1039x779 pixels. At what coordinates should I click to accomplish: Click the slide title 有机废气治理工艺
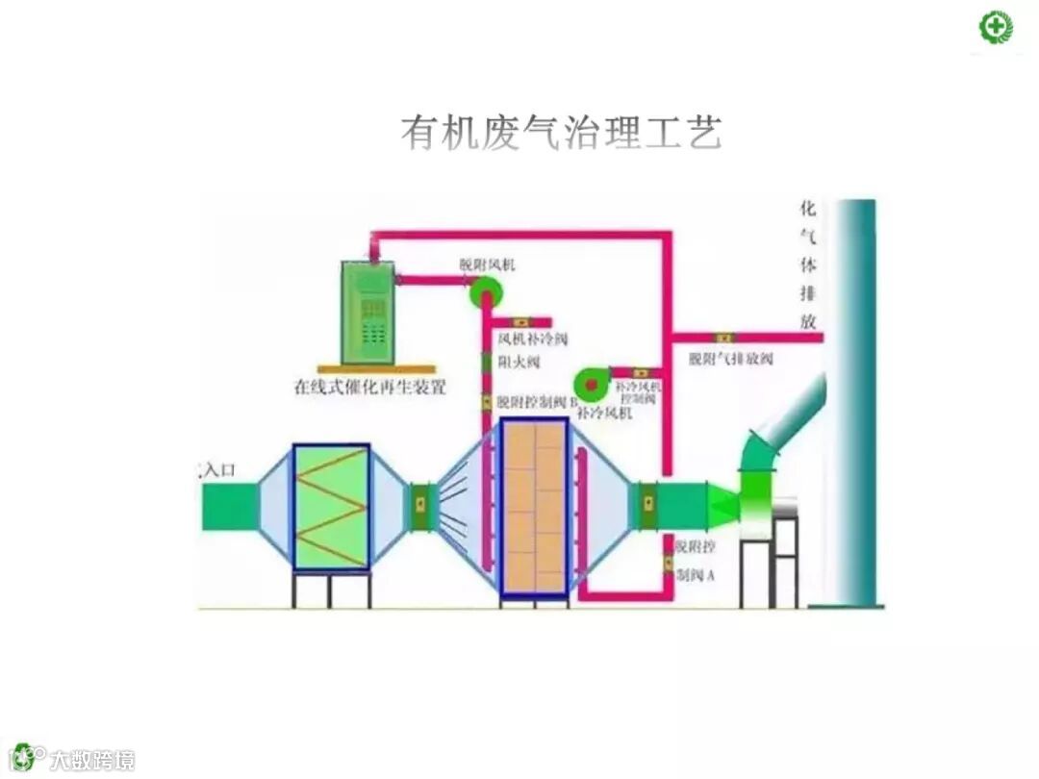[x=561, y=133]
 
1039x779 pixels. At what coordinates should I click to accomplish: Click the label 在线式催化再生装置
[x=369, y=389]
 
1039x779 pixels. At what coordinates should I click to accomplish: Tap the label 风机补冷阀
[x=532, y=339]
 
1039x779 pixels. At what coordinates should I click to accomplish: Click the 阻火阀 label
[x=519, y=363]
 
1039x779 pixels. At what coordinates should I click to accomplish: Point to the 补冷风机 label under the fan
[x=606, y=413]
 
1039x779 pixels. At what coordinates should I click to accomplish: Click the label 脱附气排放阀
[x=731, y=359]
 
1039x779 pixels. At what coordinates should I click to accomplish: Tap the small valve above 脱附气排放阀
[x=722, y=338]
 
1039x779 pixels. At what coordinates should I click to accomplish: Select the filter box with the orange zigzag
[x=331, y=507]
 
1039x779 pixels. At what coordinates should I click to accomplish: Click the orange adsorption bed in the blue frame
[x=535, y=507]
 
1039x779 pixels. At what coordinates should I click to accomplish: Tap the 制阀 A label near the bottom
[x=696, y=574]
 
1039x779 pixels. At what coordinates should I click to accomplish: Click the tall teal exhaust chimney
[x=854, y=404]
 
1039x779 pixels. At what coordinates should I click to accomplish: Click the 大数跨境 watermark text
[x=92, y=760]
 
